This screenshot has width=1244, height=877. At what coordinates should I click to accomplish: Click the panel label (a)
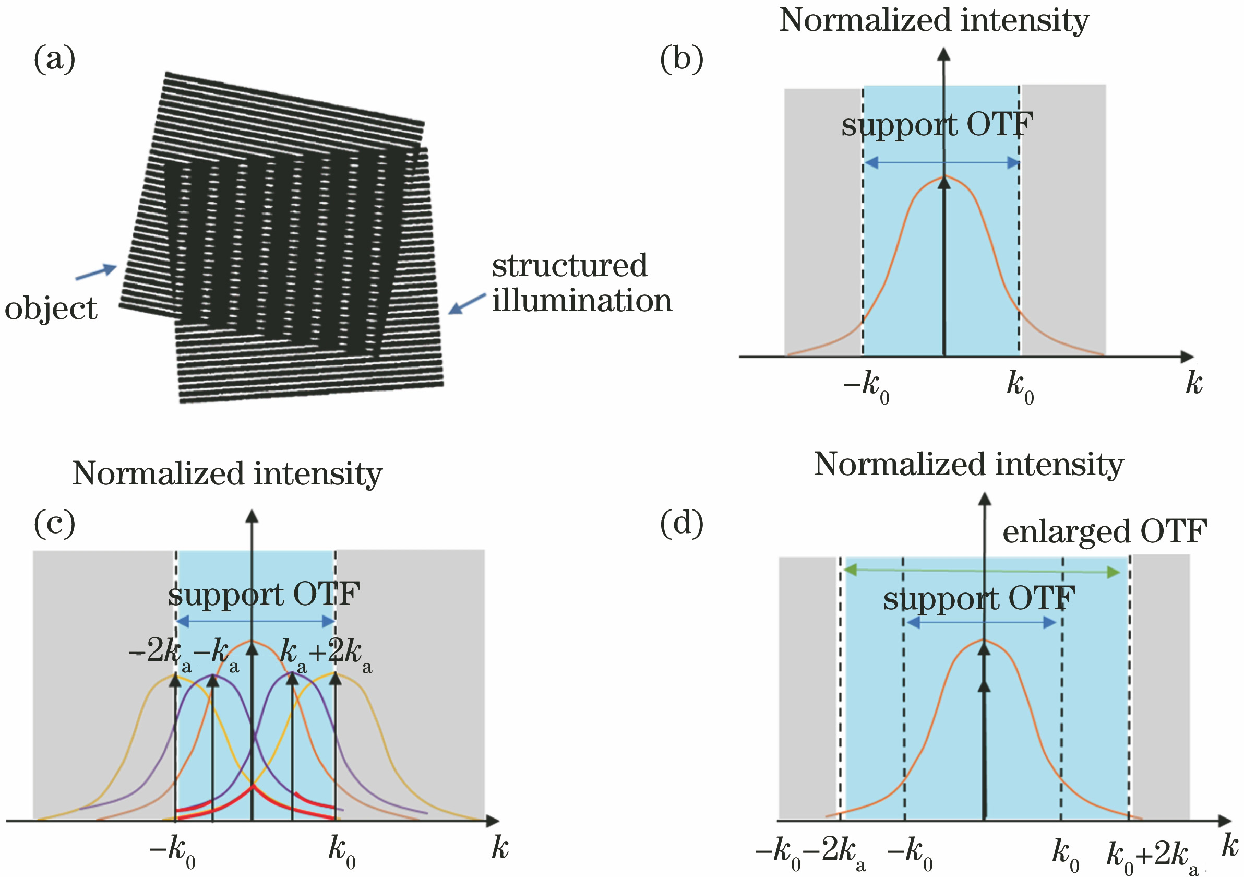click(55, 58)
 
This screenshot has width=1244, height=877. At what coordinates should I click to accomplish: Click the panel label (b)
click(681, 58)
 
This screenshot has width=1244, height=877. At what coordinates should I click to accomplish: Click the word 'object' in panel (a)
click(51, 310)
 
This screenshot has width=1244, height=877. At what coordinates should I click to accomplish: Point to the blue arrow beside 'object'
click(97, 272)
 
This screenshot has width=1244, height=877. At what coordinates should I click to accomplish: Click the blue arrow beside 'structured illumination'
click(467, 303)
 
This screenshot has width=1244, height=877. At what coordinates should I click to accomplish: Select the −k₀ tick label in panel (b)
click(866, 387)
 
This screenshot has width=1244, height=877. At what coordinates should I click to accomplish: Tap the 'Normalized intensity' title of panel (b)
click(934, 20)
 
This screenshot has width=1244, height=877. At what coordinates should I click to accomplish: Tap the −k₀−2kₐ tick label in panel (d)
click(810, 854)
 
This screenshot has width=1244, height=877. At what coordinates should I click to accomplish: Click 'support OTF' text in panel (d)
click(979, 599)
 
